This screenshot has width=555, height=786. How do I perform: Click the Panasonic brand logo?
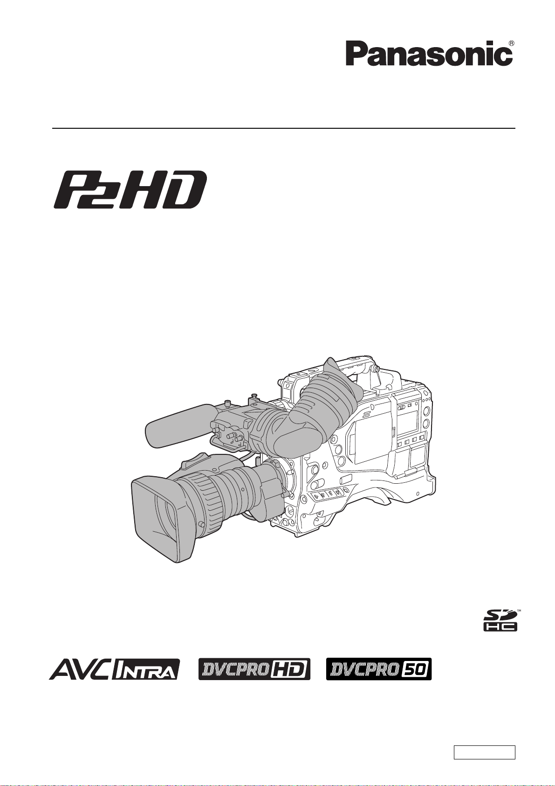click(x=429, y=54)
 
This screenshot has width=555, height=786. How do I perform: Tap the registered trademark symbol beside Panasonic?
click(x=512, y=43)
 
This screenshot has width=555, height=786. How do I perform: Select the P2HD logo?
click(x=130, y=189)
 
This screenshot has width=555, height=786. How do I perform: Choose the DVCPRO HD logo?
click(x=254, y=669)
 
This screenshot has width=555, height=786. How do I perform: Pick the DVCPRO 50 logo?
click(x=379, y=669)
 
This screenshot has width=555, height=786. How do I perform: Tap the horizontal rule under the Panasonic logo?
click(x=284, y=128)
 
